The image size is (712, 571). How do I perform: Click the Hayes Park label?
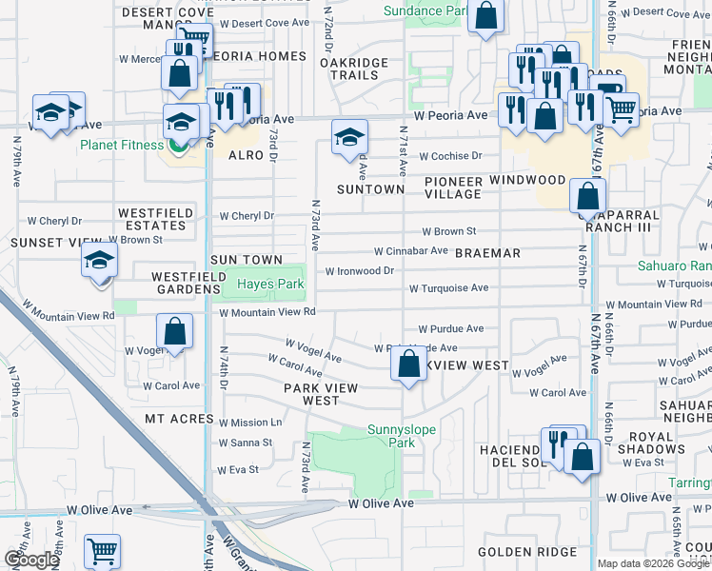tap(269, 284)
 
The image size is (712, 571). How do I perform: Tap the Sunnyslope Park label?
tap(402, 436)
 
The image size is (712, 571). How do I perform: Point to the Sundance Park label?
tap(425, 11)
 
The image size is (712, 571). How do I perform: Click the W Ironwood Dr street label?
tap(360, 271)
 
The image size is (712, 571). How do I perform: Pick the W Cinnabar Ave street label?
tap(410, 251)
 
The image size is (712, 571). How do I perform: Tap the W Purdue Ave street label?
tap(450, 328)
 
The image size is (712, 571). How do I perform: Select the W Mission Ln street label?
tap(250, 422)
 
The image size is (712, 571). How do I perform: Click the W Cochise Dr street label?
tap(451, 156)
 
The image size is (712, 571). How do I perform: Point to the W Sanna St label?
tap(245, 443)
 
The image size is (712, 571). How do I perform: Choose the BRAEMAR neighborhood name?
tap(487, 253)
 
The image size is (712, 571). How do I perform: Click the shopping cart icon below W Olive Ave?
tap(102, 550)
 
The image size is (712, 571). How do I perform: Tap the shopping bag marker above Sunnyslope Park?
tap(408, 364)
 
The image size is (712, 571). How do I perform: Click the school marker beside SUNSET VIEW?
tap(99, 260)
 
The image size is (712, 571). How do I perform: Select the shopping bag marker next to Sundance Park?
tap(485, 16)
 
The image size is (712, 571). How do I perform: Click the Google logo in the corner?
tap(31, 560)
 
